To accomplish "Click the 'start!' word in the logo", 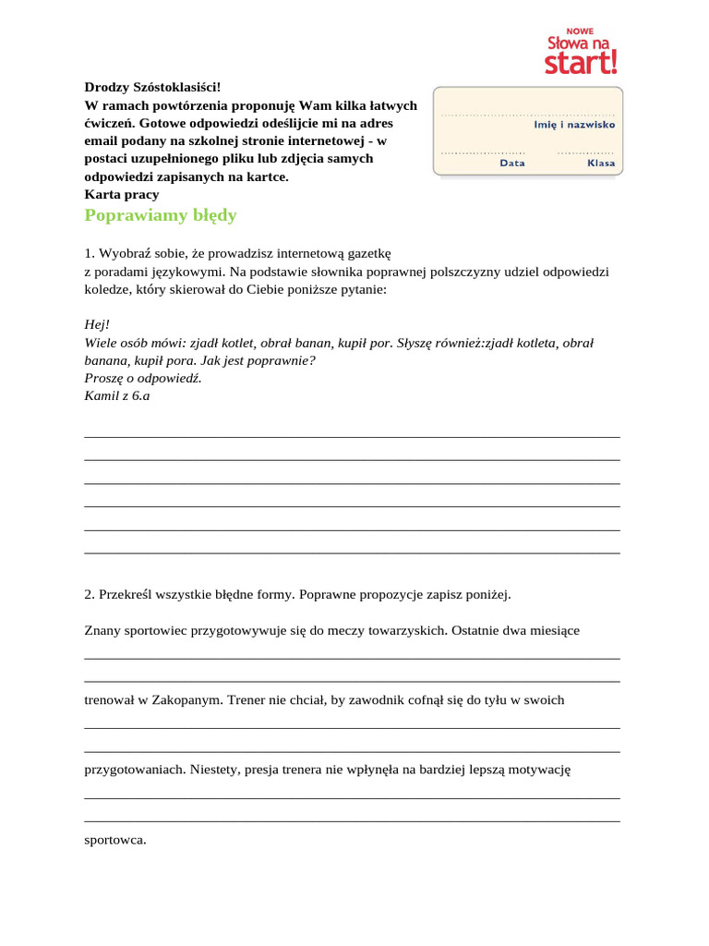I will [x=581, y=63].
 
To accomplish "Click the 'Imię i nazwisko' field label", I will [x=574, y=124].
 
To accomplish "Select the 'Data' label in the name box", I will [x=512, y=163].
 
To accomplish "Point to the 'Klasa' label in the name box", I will [x=600, y=163].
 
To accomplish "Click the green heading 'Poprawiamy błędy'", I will [x=161, y=215].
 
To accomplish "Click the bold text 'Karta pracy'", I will [x=122, y=194].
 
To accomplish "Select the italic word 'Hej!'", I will [x=97, y=324].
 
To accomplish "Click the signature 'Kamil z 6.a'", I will [x=116, y=395].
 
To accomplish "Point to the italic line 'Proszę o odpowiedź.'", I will [x=142, y=378].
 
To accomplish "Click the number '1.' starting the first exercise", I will [x=90, y=253].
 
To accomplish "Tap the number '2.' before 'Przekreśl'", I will [x=90, y=594].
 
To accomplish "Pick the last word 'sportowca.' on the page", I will [x=115, y=840].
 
